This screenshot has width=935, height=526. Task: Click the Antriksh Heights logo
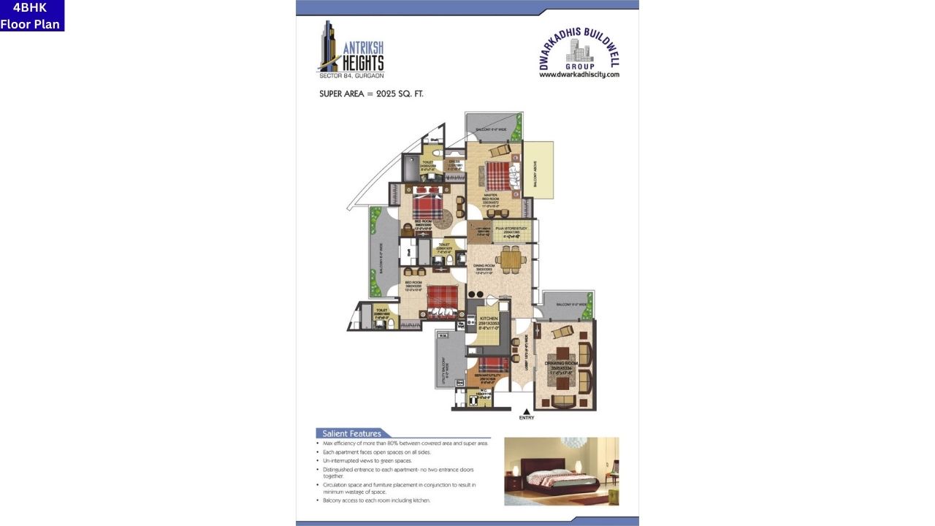point(351,50)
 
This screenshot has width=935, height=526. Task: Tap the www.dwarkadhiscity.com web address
point(579,75)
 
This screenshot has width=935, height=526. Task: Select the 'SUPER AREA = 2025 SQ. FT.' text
point(371,94)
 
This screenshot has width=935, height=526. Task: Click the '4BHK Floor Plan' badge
point(31,15)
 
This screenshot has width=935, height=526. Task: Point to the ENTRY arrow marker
point(526,413)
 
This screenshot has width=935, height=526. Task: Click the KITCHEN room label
point(488,322)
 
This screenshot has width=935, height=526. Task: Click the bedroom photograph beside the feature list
point(561,471)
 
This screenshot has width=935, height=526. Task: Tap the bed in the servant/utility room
point(494,363)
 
